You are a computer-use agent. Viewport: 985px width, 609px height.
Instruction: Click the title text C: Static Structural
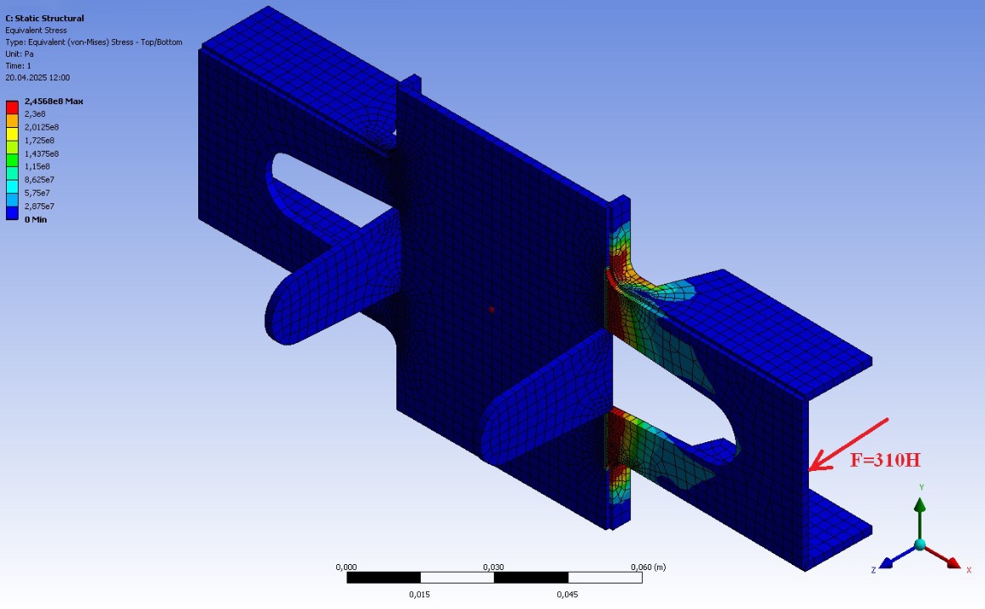pos(45,19)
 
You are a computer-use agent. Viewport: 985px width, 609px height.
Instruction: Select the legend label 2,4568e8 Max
pos(54,101)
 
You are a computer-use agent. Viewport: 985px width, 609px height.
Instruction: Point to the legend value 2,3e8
pos(36,113)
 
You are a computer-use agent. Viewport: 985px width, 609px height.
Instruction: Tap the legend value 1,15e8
pos(37,167)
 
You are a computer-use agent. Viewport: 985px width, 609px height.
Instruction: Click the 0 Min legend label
pos(36,219)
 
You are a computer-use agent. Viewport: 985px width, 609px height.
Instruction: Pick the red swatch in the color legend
pos(12,107)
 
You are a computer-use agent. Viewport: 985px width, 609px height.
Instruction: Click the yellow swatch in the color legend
pos(12,133)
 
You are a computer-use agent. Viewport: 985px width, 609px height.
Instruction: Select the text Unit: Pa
pos(19,54)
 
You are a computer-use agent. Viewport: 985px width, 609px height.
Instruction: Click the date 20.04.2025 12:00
pos(38,78)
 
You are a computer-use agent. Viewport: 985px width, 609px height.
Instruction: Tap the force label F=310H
pos(885,460)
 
